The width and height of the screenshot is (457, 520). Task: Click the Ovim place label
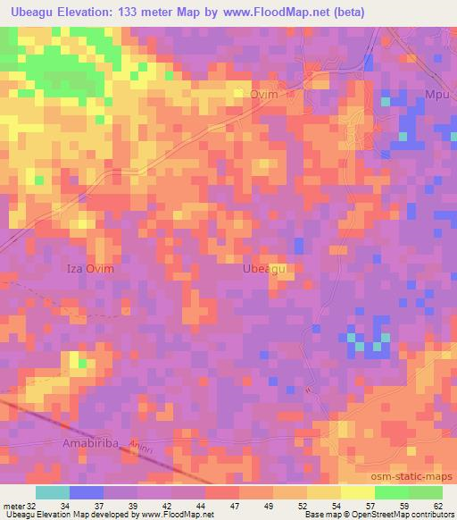pyautogui.click(x=265, y=95)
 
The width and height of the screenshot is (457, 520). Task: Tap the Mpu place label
pyautogui.click(x=436, y=95)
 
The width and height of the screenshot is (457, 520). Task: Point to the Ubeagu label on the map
pyautogui.click(x=264, y=268)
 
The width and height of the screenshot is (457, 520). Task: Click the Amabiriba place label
pyautogui.click(x=91, y=443)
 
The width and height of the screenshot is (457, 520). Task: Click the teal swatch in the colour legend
pyautogui.click(x=52, y=492)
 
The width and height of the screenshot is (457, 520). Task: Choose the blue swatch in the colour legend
pyautogui.click(x=86, y=492)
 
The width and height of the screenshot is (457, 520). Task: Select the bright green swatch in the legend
pyautogui.click(x=391, y=492)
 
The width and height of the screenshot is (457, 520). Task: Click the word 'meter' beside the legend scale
pyautogui.click(x=11, y=507)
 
